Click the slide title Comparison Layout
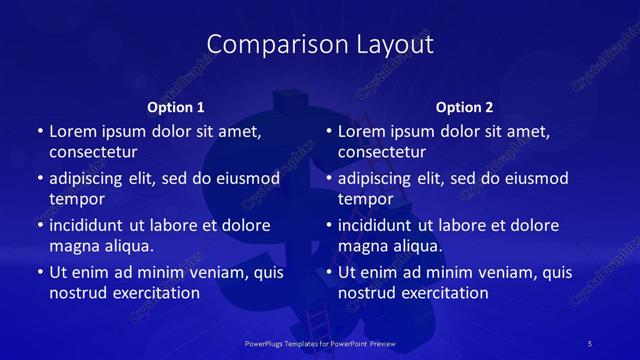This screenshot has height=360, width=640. tap(320, 44)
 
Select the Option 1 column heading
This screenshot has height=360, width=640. tap(175, 107)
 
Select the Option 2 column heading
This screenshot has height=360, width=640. tap(464, 107)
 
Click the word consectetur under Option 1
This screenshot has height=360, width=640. tap(93, 152)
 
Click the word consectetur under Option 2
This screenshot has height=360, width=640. tap(382, 152)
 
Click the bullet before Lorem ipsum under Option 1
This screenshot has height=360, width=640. tap(39, 132)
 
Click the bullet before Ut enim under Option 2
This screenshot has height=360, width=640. tap(328, 272)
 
